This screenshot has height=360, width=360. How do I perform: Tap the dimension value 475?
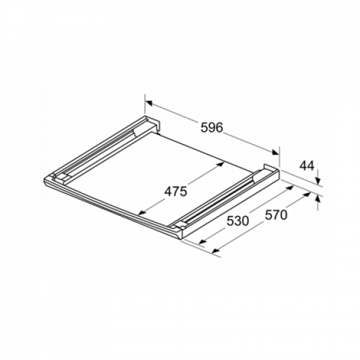(176, 191)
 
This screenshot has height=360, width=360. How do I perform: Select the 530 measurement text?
(237, 221)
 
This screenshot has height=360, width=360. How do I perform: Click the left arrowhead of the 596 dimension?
(148, 103)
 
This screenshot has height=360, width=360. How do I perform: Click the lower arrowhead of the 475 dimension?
(141, 211)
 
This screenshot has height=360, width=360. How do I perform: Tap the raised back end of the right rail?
(270, 170)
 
